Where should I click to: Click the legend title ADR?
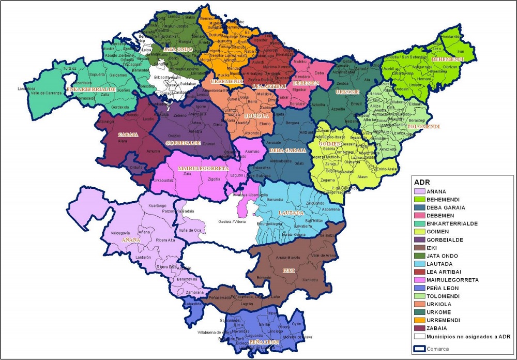[x=423, y=182]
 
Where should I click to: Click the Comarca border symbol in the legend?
[x=420, y=349]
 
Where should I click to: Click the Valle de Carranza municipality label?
[x=47, y=93]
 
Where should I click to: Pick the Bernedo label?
[x=264, y=278]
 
